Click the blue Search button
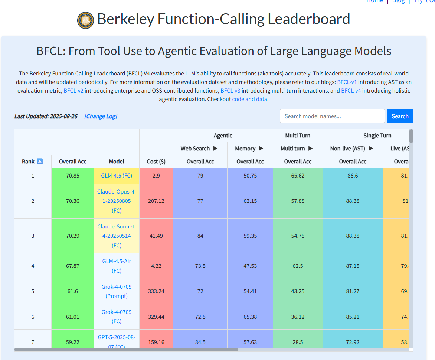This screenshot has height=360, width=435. coord(400,116)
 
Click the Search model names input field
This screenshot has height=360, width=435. coord(332,116)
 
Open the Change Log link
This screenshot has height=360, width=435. coord(101,116)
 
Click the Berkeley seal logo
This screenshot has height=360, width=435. coord(85,20)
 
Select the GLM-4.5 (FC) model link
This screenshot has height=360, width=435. coord(117,176)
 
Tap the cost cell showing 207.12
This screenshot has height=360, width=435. coord(156,201)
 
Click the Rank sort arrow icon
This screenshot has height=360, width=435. coord(40,162)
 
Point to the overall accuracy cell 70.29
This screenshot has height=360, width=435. coord(73,236)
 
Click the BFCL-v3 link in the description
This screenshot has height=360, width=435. coord(230,91)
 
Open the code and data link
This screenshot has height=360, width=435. coord(249,99)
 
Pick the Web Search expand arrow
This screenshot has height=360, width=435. coord(215,149)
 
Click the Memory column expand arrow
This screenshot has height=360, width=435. coord(261,149)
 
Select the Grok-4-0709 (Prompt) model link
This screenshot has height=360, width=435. coord(117,291)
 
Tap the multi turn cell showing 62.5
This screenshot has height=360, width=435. coord(298,266)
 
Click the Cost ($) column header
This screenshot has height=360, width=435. coord(156,162)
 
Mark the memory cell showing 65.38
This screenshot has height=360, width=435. coord(250,317)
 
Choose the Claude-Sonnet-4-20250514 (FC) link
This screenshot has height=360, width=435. coord(117,236)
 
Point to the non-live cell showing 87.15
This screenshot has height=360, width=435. coord(353,266)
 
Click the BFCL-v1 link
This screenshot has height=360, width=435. coord(347,82)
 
